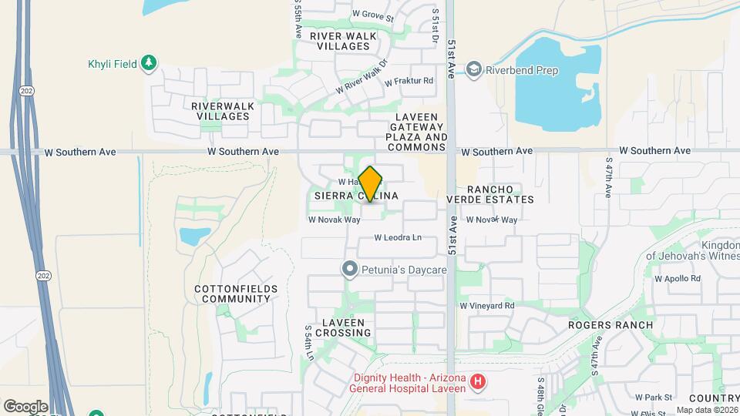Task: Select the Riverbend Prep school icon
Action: (474, 70)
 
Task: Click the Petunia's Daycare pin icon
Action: (350, 270)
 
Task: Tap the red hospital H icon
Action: (478, 381)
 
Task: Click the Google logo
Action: (25, 406)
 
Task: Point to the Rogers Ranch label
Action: (610, 325)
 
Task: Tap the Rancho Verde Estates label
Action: (490, 194)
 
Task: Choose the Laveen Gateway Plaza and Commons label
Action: (417, 132)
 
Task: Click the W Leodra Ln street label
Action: (399, 237)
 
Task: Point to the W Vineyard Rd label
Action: (486, 306)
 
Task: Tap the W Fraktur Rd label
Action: (409, 80)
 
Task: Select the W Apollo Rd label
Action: (677, 278)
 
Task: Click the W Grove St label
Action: (372, 15)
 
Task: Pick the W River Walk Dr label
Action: (360, 79)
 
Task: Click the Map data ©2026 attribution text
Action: (707, 410)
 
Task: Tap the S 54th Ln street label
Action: (310, 341)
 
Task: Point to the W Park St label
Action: (654, 398)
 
